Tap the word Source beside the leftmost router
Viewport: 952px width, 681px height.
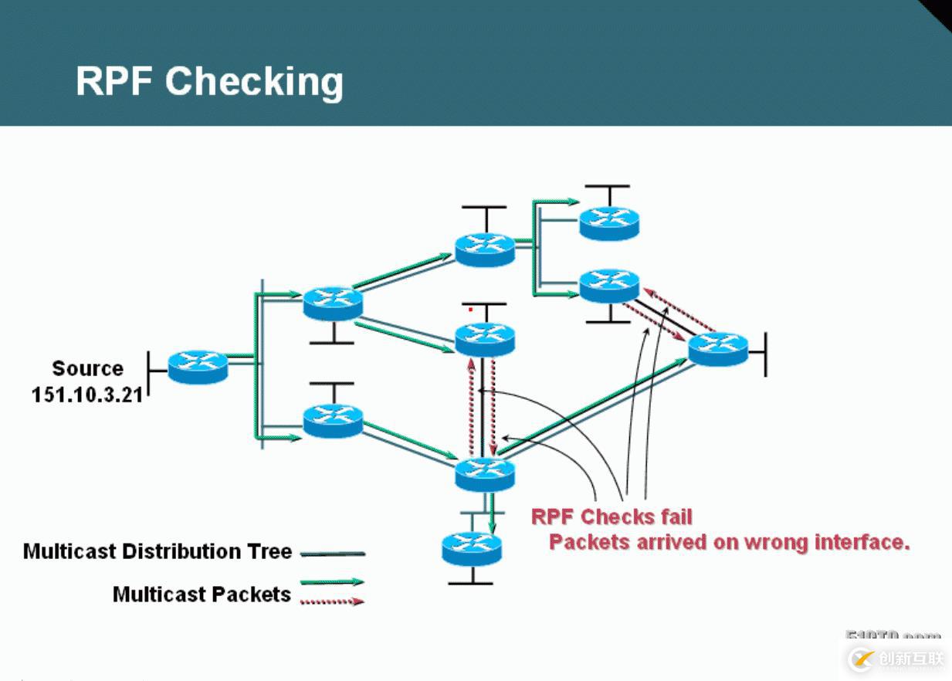(x=87, y=368)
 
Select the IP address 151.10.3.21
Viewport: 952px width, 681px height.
(x=86, y=395)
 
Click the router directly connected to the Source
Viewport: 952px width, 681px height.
(x=198, y=366)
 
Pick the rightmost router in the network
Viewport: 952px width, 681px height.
(x=718, y=349)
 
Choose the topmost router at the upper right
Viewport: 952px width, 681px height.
(x=609, y=222)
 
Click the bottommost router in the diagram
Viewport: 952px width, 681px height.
(x=472, y=548)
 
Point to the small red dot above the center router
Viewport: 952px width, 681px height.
(x=471, y=310)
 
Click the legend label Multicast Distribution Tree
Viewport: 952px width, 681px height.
(x=158, y=551)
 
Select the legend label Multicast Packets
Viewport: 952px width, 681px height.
(x=202, y=594)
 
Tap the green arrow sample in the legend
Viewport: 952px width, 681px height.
(x=331, y=582)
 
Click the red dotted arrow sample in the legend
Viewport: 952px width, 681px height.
(x=331, y=601)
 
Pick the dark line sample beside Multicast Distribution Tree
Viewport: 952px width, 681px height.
(x=332, y=554)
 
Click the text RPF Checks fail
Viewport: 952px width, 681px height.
(x=612, y=516)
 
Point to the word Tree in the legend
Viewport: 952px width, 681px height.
(x=270, y=551)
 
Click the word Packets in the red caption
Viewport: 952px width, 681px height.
(x=589, y=542)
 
